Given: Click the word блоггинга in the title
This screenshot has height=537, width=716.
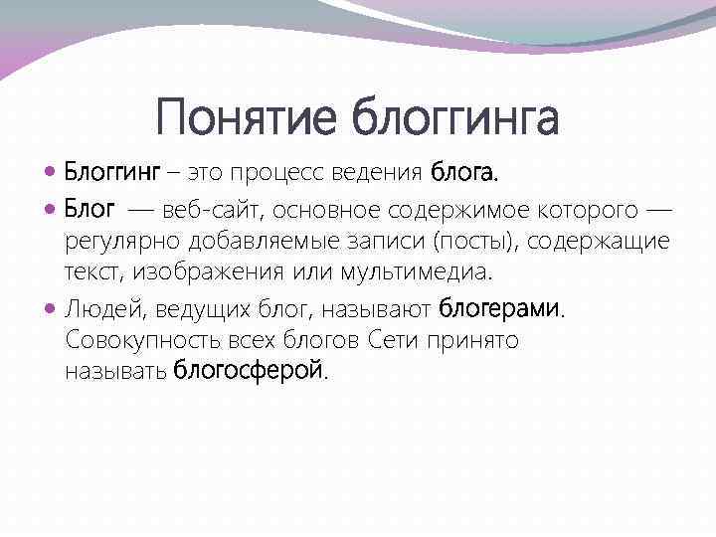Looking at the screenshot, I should coord(455,118).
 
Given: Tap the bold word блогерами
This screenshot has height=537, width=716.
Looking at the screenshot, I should coord(500,308).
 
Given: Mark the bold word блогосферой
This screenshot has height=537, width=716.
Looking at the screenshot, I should coord(249,372).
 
